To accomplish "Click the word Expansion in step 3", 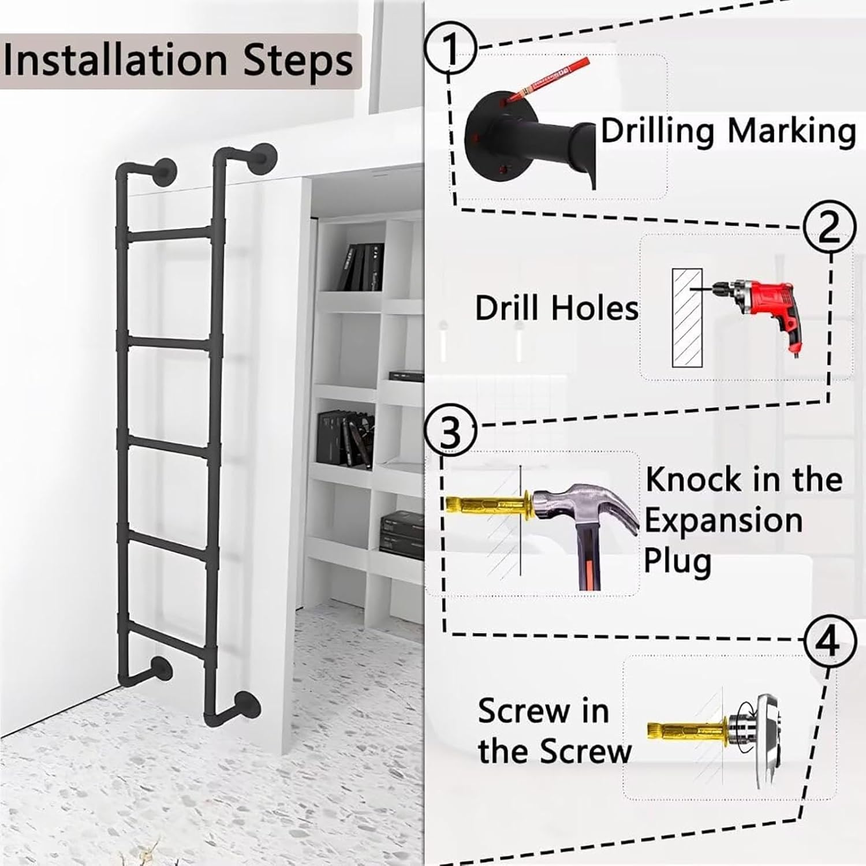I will pos(723,520).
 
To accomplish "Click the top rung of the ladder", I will pos(168,234).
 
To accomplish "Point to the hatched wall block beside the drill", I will pos(687,318).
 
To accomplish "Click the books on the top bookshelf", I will pos(363,267).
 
